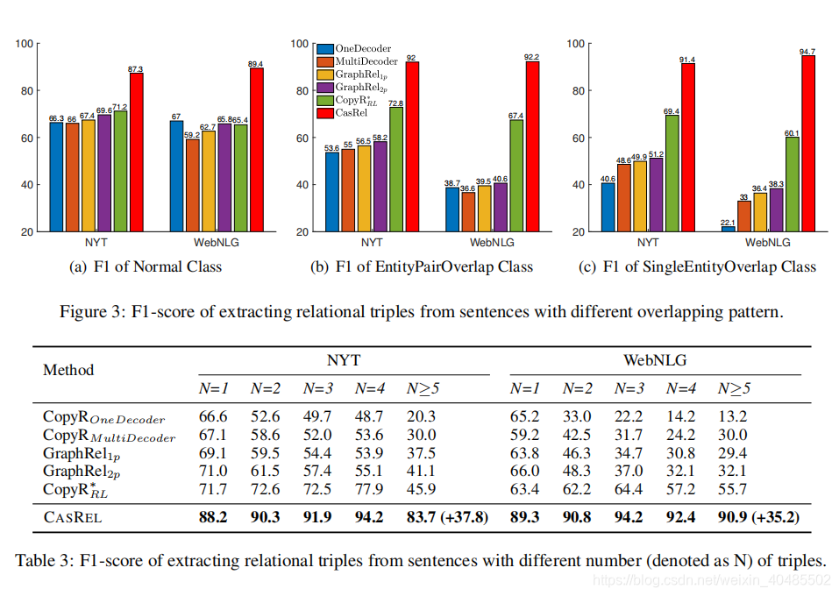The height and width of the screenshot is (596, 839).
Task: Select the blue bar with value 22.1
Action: [728, 229]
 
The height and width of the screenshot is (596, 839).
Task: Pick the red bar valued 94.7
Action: [808, 143]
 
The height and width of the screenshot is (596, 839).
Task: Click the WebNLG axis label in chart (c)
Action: [767, 243]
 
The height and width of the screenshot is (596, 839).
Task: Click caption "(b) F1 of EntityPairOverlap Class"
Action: [422, 266]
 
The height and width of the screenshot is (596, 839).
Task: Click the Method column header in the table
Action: [68, 370]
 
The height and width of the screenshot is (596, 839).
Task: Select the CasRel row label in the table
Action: [73, 517]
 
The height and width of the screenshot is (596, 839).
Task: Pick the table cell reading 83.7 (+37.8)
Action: [447, 517]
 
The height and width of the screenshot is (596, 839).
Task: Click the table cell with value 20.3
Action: [421, 416]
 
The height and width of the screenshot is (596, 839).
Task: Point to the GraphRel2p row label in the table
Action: [81, 472]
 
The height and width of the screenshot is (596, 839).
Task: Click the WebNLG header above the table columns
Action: [654, 359]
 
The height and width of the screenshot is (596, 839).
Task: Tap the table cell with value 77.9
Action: [368, 489]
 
